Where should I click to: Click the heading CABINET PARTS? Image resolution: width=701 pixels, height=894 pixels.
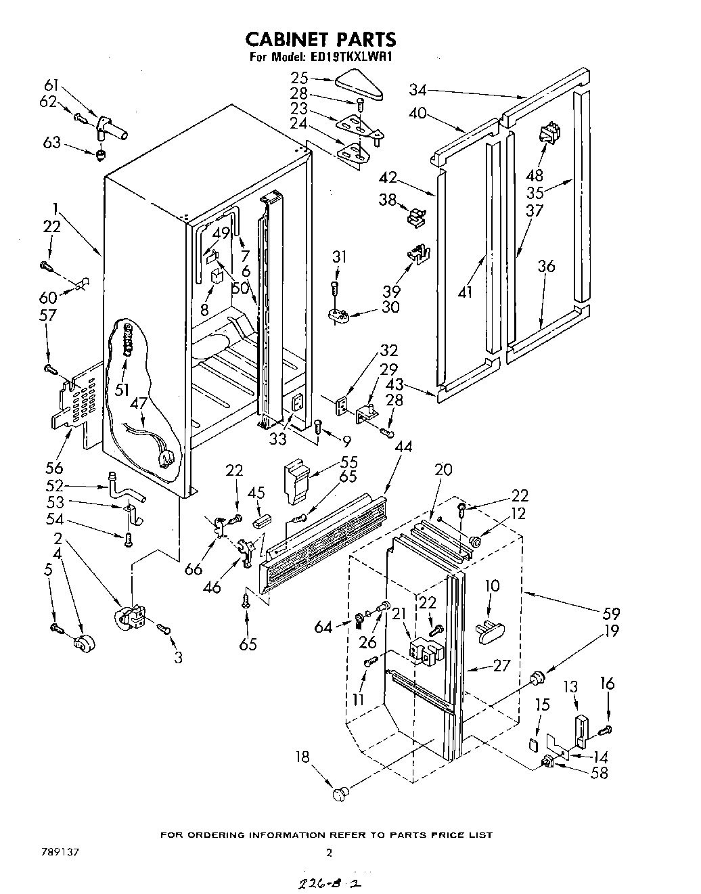[320, 39]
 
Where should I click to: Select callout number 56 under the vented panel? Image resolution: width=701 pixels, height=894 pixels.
[55, 467]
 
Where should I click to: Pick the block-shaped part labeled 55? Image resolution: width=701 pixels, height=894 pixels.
[296, 479]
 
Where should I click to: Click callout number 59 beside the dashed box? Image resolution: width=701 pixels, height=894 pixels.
[612, 614]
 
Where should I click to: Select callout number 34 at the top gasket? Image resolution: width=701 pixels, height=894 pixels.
[418, 89]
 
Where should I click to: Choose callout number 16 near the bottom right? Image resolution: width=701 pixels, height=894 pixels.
[607, 684]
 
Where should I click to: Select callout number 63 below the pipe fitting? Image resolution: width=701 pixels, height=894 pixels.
[52, 143]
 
